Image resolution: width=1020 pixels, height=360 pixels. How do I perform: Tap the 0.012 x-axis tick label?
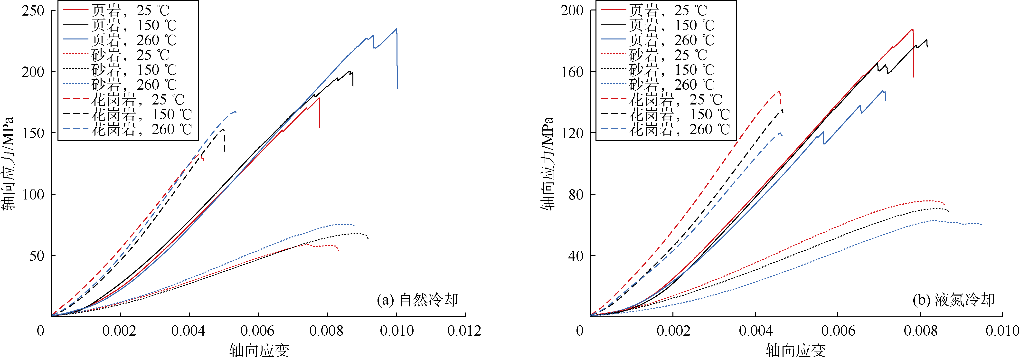click(x=464, y=331)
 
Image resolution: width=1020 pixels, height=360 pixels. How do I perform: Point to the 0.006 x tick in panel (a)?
click(x=257, y=331)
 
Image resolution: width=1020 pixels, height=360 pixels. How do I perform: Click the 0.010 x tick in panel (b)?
click(x=1002, y=331)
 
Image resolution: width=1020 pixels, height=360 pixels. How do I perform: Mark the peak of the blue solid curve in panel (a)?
click(x=396, y=28)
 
